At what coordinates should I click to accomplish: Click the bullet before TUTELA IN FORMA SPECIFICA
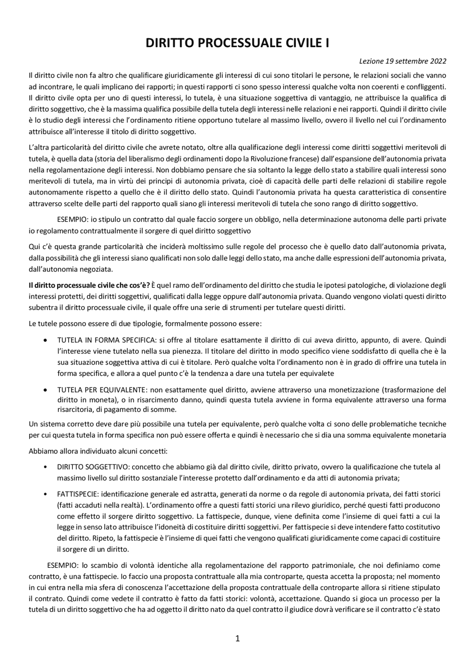(x=45, y=340)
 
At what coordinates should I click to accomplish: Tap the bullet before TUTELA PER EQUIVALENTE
(x=45, y=390)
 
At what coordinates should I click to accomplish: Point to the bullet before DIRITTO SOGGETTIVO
(x=45, y=467)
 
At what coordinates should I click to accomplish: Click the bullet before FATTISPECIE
(x=45, y=494)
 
